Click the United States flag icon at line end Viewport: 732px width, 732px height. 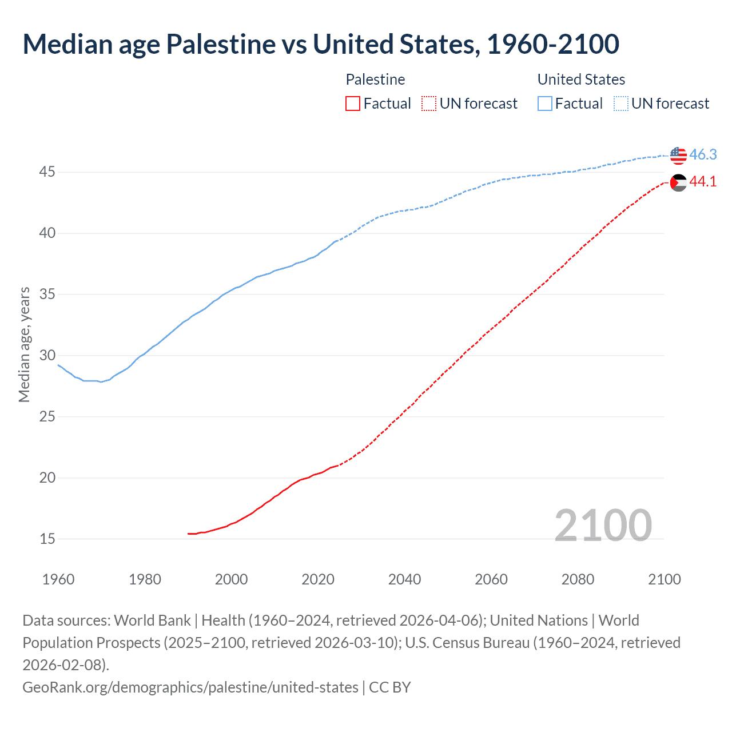click(678, 155)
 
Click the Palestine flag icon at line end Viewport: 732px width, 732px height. click(678, 182)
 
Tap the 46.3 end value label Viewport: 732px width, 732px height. click(703, 155)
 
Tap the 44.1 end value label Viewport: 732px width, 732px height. click(703, 182)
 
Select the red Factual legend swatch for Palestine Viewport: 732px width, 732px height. click(353, 104)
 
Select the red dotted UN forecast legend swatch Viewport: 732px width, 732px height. click(429, 104)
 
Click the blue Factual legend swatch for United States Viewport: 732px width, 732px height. click(545, 104)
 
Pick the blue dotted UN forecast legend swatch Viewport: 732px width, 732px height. click(620, 104)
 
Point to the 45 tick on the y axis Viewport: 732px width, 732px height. click(47, 172)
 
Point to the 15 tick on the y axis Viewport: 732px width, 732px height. click(47, 539)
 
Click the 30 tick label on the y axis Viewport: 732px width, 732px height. click(47, 355)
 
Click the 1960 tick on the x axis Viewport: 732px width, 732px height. click(58, 579)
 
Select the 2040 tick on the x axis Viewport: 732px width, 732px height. click(404, 579)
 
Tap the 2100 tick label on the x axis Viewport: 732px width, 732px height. click(665, 579)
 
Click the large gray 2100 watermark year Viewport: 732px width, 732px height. click(603, 526)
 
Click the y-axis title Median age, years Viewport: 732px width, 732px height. click(24, 344)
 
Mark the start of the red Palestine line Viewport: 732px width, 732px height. click(189, 534)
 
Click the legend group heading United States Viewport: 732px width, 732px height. click(581, 79)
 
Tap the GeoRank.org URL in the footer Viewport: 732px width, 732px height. click(190, 687)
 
